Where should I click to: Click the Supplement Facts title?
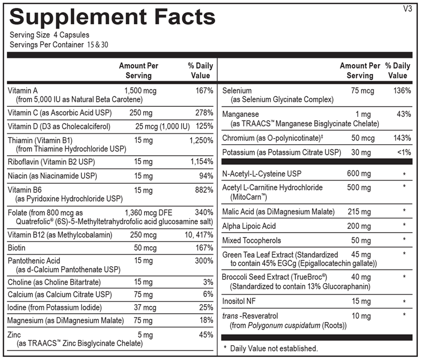click(x=113, y=17)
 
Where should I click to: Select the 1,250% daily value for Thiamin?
click(x=201, y=141)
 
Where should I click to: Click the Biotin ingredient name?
click(x=17, y=247)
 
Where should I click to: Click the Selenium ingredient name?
click(x=237, y=91)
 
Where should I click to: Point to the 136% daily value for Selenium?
click(x=402, y=91)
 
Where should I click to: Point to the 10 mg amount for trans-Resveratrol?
click(x=363, y=316)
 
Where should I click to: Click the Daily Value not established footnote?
click(x=270, y=348)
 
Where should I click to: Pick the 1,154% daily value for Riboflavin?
click(x=201, y=162)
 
